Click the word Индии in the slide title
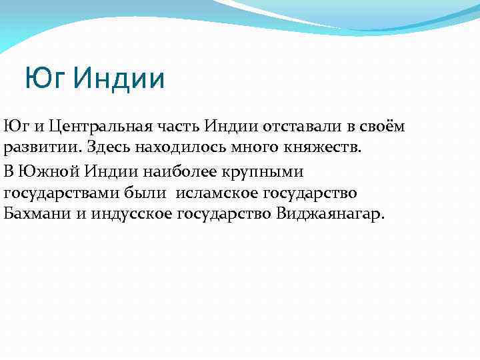point(119,79)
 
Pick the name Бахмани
point(35,215)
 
